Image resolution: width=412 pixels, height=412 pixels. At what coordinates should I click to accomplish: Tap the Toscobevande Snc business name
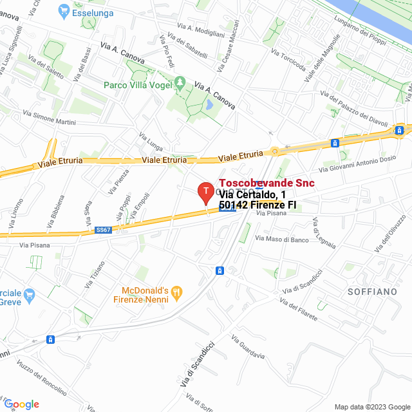coord(267,183)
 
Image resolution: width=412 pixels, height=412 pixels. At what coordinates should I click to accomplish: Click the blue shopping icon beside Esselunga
coord(63,10)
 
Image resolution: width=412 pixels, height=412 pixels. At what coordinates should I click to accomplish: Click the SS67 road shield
coord(103,229)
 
